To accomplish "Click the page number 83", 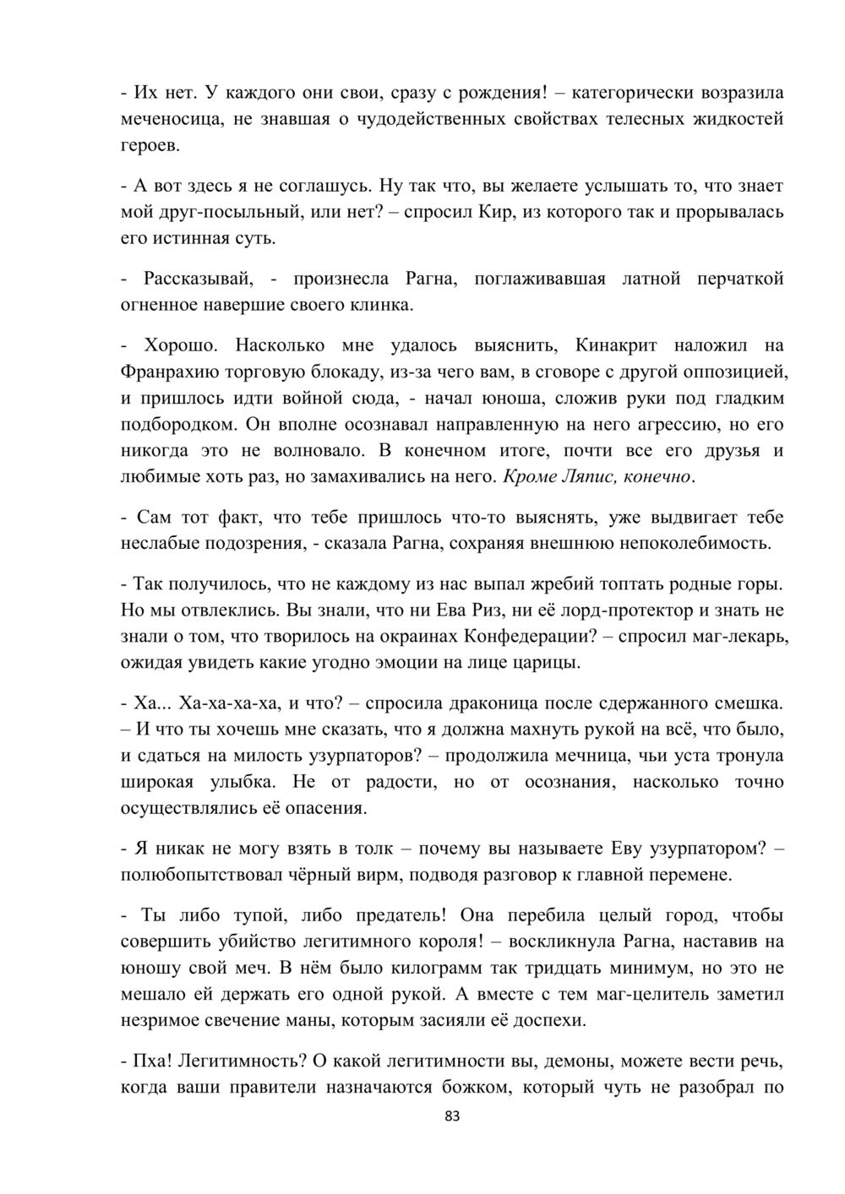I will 451,1116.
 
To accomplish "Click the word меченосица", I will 167,119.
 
